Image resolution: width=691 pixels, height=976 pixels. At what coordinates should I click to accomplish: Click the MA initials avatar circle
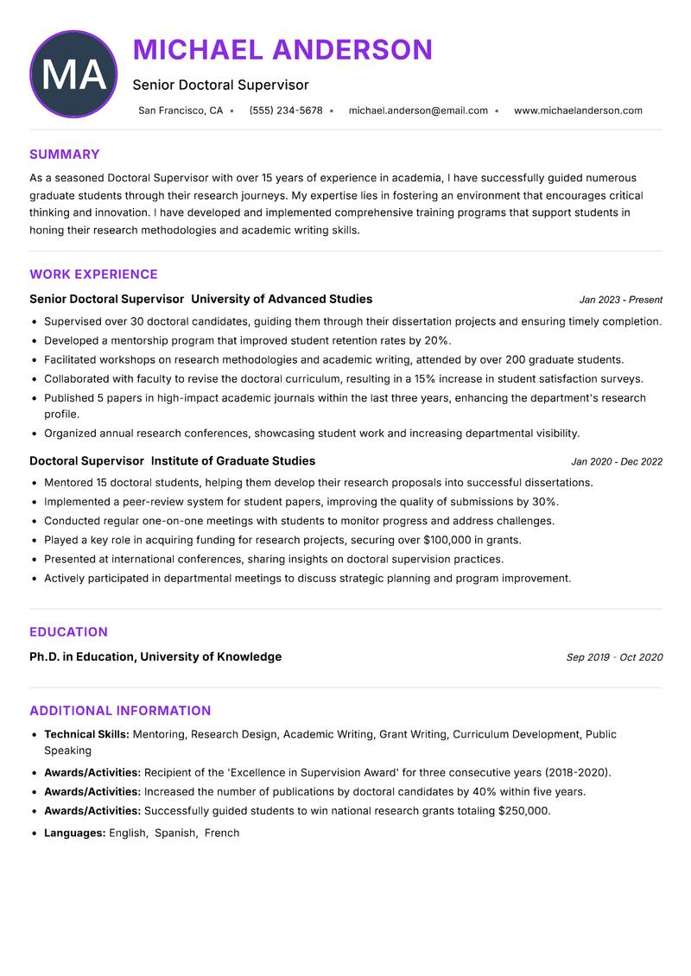pos(73,74)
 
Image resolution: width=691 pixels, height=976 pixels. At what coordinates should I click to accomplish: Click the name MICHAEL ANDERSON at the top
pos(282,49)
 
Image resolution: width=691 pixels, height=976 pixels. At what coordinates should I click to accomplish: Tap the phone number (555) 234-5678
pos(286,111)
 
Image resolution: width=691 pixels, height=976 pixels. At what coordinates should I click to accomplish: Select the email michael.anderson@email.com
pos(418,111)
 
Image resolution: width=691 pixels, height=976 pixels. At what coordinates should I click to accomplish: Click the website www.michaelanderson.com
pos(578,111)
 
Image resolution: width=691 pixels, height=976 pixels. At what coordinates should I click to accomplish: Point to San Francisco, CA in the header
pos(181,111)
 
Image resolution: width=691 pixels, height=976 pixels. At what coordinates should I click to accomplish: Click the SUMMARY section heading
pos(65,155)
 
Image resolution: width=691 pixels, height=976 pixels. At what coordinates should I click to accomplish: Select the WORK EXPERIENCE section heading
pos(93,275)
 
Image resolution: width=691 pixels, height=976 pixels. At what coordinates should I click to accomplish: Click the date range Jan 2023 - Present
pos(620,300)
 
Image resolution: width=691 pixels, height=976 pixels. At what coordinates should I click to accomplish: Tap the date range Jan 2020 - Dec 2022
pos(617,461)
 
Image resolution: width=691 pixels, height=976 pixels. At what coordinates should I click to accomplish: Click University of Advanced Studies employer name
pos(282,299)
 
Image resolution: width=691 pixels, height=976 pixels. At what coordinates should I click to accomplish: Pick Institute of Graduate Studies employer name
pos(233,460)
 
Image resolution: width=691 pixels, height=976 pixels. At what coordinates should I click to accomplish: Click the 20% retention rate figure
pos(437,340)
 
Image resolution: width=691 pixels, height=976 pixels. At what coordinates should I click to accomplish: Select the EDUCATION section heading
pos(68,632)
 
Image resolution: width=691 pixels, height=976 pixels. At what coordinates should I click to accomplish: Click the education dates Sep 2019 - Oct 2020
pos(614,657)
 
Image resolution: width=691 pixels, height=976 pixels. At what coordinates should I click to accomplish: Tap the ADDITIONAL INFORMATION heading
pos(120,711)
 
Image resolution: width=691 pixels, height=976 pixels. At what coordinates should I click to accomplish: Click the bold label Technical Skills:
pos(86,734)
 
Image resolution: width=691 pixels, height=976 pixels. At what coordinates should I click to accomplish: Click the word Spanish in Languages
pos(175,833)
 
